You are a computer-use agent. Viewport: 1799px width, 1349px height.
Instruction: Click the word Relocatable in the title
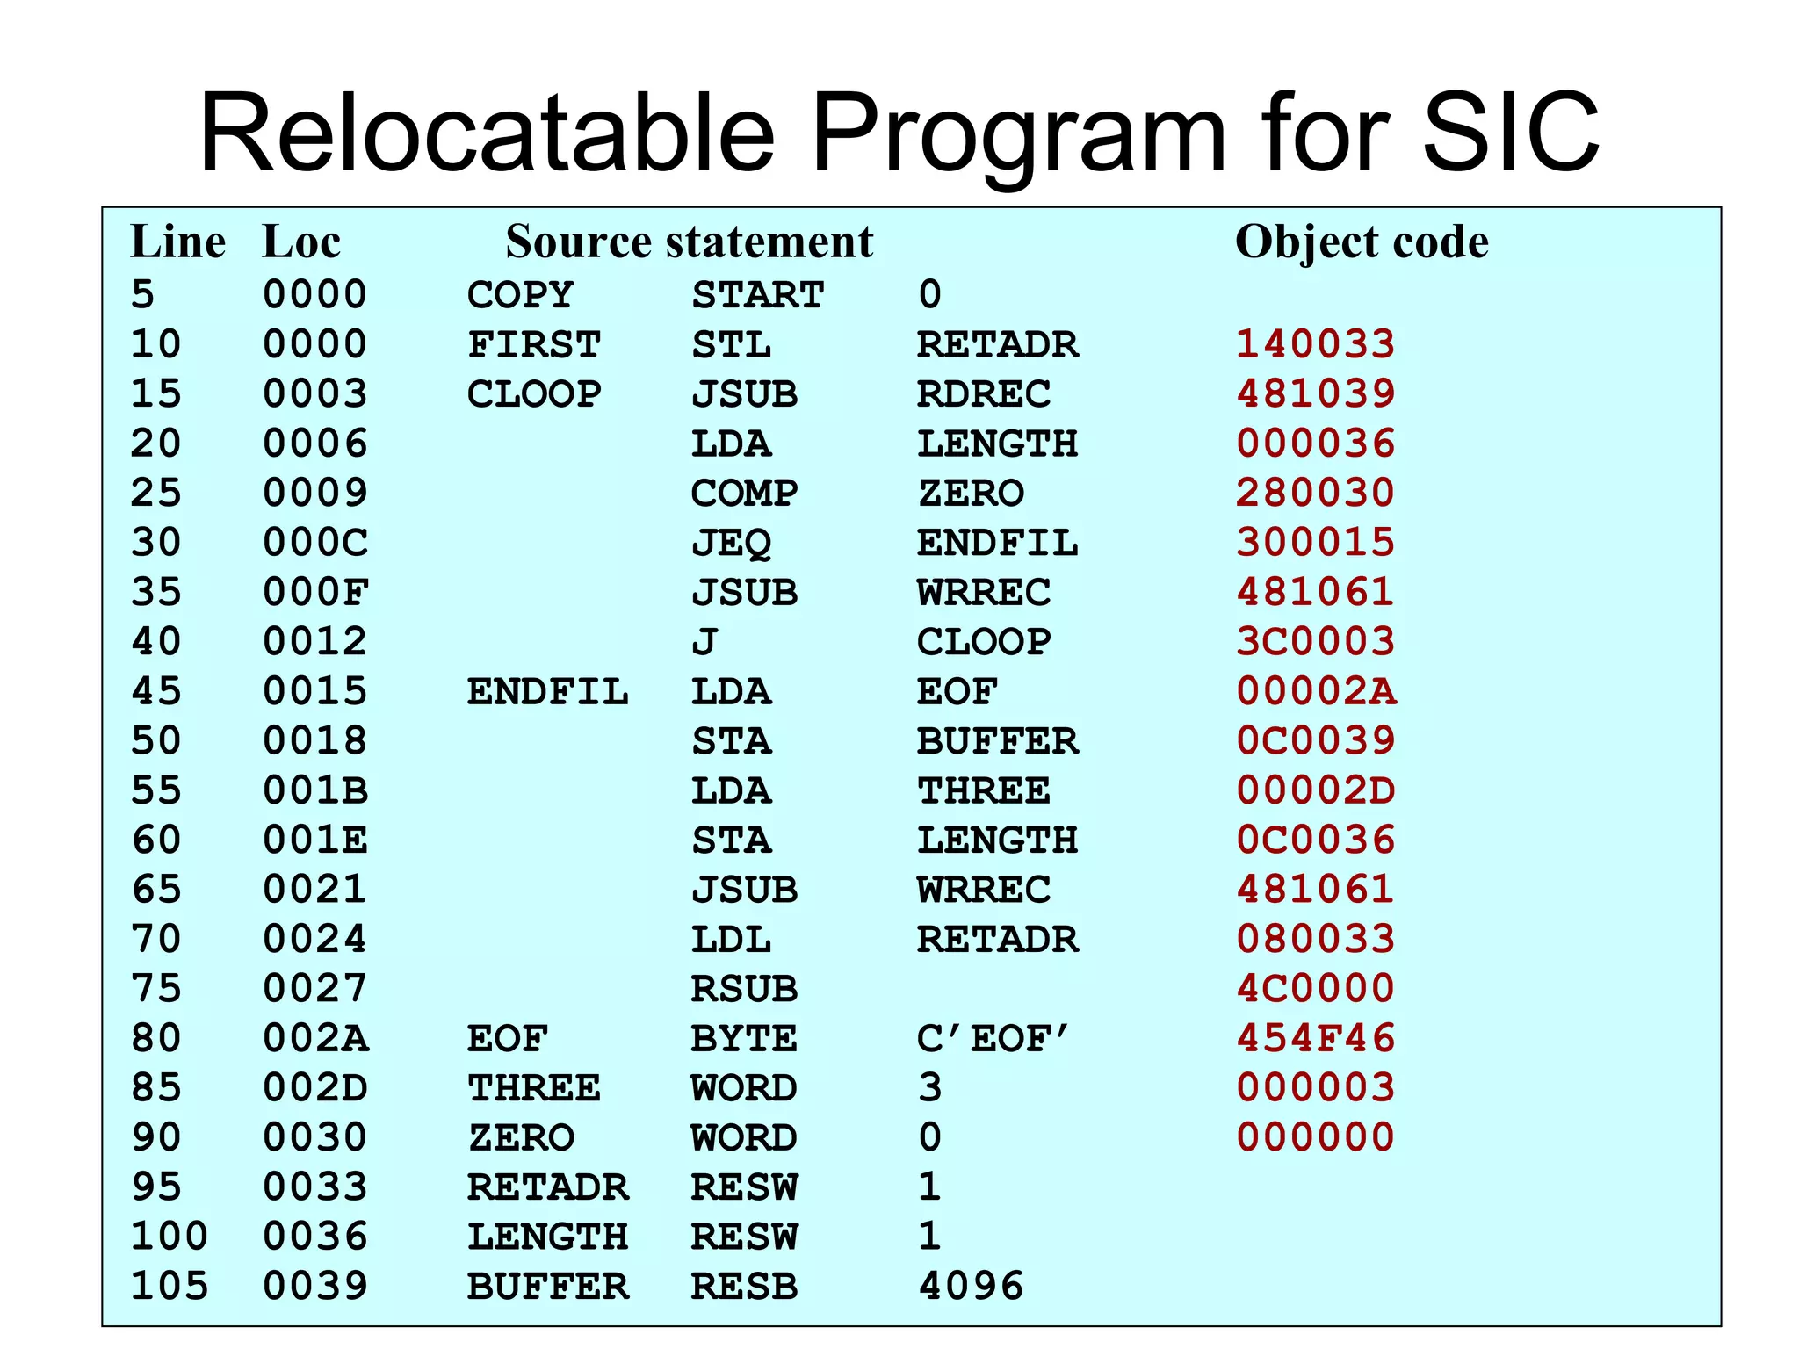click(x=487, y=133)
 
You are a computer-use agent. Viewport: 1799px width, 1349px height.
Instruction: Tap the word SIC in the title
click(x=1509, y=133)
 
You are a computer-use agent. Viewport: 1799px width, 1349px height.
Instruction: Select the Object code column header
click(x=1362, y=242)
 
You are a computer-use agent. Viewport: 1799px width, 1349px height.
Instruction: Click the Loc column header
click(x=301, y=242)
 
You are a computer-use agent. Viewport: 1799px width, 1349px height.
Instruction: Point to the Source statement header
click(x=690, y=242)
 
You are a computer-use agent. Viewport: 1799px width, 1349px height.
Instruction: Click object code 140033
click(x=1315, y=343)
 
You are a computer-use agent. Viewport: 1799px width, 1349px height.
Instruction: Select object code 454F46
click(x=1315, y=1038)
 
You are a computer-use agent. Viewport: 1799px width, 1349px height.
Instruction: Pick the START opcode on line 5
click(x=757, y=294)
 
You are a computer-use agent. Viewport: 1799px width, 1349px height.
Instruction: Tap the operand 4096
click(x=971, y=1286)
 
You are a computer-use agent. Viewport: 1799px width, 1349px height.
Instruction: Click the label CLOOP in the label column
click(x=534, y=393)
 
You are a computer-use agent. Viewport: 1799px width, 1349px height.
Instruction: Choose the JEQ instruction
click(x=731, y=543)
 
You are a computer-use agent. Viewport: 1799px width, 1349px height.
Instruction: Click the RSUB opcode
click(x=744, y=989)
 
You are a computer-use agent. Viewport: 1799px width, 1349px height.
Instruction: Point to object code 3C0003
click(x=1315, y=641)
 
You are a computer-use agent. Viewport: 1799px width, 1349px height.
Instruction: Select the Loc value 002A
click(x=315, y=1038)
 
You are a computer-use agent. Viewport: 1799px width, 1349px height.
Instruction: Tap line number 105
click(x=170, y=1286)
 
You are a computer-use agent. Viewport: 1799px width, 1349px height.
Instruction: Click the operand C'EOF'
click(x=993, y=1038)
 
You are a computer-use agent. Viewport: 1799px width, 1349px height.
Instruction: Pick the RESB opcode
click(x=744, y=1286)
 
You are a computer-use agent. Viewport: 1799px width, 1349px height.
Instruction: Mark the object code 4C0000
click(x=1315, y=989)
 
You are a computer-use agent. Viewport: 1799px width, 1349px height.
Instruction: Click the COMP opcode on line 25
click(x=744, y=493)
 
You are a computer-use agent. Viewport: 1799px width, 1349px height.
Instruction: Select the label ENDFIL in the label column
click(x=547, y=691)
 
